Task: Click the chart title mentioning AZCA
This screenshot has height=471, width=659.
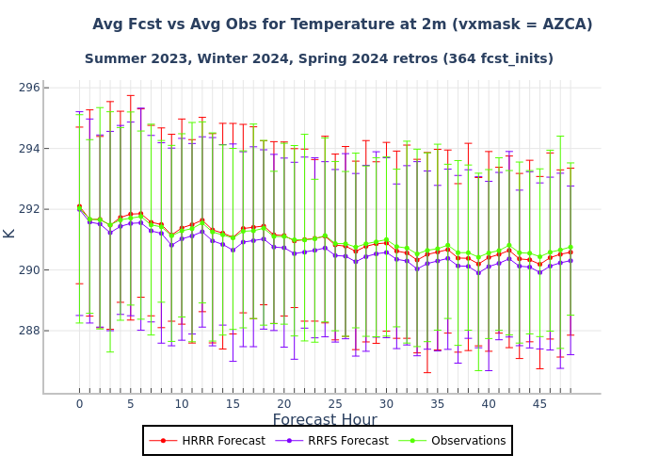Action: tap(342, 24)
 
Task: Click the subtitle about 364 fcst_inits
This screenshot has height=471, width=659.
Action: tap(318, 58)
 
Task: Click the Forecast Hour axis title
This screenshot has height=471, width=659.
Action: tap(325, 420)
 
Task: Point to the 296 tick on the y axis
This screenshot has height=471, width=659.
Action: tap(29, 88)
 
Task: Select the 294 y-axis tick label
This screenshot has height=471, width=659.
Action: tap(29, 149)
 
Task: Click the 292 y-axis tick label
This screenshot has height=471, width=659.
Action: tap(29, 209)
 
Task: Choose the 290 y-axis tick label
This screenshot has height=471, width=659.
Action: tap(29, 270)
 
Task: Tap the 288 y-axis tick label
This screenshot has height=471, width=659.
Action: tap(29, 331)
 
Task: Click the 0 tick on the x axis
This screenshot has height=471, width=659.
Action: tap(79, 404)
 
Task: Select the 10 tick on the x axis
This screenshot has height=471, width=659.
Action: tap(182, 404)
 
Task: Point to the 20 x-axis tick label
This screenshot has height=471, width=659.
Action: tap(284, 404)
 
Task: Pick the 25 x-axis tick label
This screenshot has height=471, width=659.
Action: tap(335, 404)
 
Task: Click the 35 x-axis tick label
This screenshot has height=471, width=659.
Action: tap(438, 404)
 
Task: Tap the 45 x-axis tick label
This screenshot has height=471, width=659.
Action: tap(540, 404)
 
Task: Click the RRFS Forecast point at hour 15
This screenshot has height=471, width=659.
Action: tap(233, 250)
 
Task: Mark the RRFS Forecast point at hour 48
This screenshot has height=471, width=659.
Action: tap(571, 260)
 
